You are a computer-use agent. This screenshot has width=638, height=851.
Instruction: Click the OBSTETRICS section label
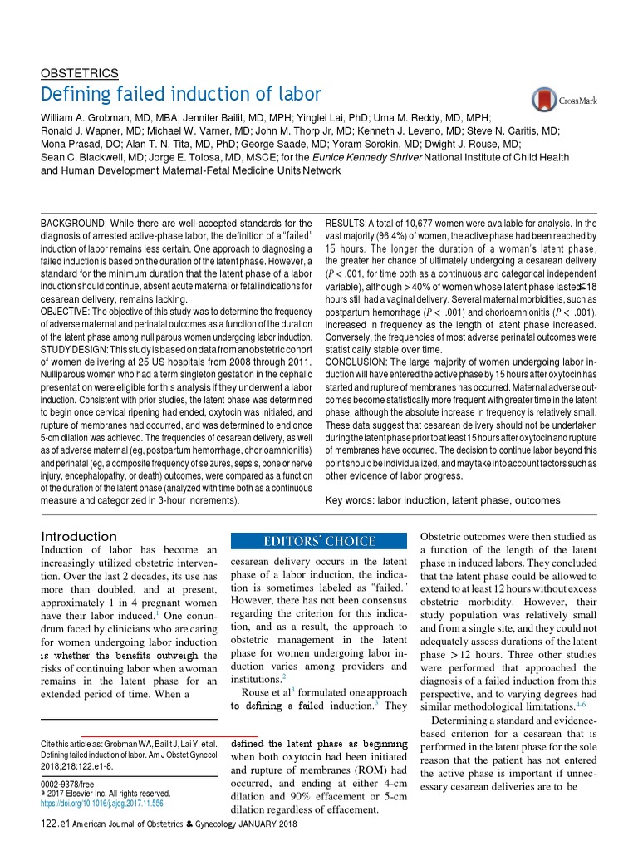pos(80,72)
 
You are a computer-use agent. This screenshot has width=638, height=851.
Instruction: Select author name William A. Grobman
pos(91,118)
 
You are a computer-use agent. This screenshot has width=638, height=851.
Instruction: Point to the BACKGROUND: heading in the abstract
pos(73,224)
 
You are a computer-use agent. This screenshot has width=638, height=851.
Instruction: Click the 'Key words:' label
pos(350,500)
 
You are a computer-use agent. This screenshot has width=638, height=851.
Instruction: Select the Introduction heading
pos(79,537)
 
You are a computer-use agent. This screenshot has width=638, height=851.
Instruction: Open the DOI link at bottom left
pos(102,804)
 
